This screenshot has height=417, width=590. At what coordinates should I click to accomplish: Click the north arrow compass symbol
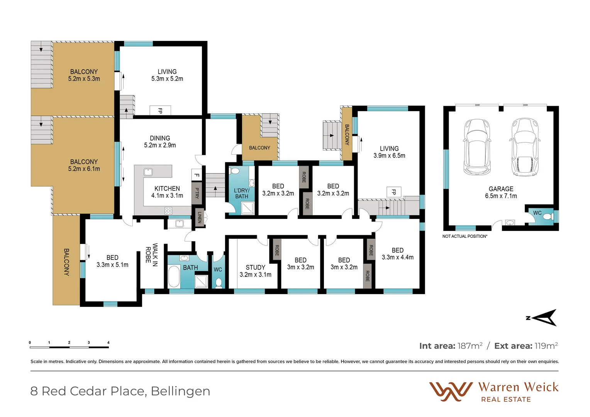(544, 318)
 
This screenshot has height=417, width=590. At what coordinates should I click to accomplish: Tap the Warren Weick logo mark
(451, 392)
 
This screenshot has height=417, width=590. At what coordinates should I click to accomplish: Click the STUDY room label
(255, 271)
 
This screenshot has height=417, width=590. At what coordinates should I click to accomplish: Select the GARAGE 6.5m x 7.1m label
(501, 192)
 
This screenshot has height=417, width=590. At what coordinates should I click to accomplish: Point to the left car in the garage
(477, 147)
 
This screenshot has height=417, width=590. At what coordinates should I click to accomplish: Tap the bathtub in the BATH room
(174, 276)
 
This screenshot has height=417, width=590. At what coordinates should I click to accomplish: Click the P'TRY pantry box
(197, 193)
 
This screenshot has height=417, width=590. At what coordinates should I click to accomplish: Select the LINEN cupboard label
(200, 217)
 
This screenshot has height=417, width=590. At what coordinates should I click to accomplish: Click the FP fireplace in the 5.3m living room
(160, 110)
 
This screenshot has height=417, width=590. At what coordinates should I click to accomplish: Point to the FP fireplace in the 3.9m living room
(394, 192)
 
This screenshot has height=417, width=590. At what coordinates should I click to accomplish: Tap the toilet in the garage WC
(547, 217)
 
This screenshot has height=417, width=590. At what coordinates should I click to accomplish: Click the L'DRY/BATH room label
(242, 193)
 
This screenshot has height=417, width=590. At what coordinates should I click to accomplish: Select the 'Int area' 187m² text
(451, 346)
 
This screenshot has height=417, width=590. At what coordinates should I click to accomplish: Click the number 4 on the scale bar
(109, 342)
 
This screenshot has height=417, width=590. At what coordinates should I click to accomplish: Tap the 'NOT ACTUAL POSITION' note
(465, 236)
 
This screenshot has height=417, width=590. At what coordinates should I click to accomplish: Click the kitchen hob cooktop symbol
(168, 210)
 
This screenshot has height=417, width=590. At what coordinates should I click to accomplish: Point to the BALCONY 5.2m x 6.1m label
(84, 165)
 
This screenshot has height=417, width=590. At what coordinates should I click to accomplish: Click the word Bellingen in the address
(180, 391)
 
